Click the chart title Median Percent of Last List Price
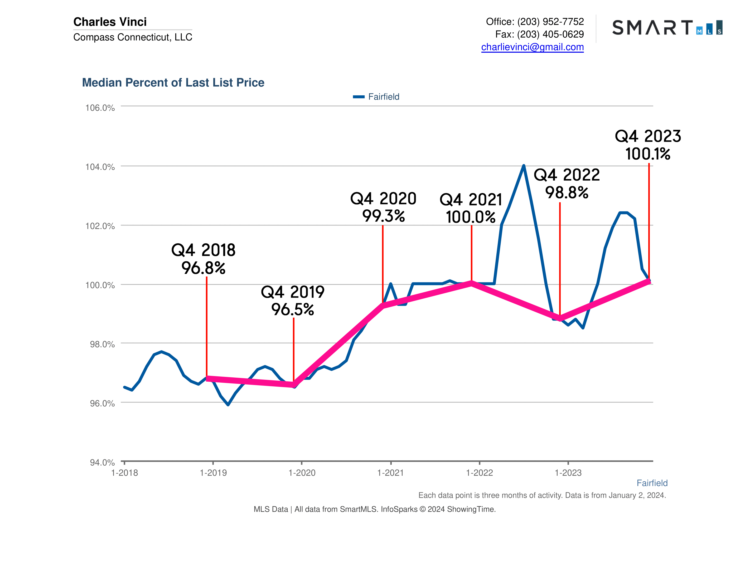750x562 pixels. [173, 83]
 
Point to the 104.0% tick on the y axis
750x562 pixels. [100, 167]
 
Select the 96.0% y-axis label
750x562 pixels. [102, 403]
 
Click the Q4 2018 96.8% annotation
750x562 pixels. [204, 259]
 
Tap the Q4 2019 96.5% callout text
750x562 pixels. [293, 300]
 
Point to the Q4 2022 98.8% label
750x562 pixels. [567, 184]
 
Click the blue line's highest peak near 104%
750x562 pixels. [524, 166]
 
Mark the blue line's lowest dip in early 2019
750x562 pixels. [228, 405]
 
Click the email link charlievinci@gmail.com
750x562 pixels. [532, 47]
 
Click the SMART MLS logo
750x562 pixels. [667, 27]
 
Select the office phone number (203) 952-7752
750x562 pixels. [550, 22]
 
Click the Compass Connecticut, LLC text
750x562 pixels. [133, 37]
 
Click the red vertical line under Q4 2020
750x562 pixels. [383, 264]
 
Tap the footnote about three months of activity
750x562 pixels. [542, 495]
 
